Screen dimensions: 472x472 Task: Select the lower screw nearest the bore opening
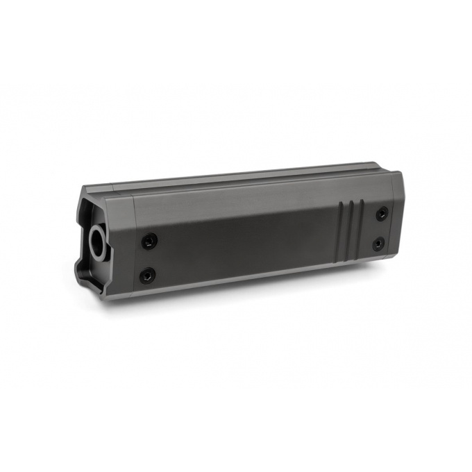pyautogui.click(x=146, y=276)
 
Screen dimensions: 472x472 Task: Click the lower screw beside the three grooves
pyautogui.click(x=378, y=244)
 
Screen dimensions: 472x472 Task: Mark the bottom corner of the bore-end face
pyautogui.click(x=104, y=300)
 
